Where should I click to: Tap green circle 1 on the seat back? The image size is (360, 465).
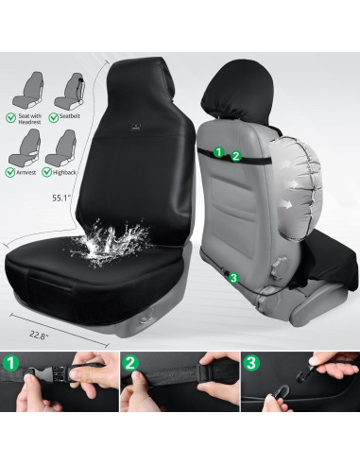point(219,151)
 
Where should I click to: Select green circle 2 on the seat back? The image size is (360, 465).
point(235,154)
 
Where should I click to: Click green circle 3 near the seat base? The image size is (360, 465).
point(231,277)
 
